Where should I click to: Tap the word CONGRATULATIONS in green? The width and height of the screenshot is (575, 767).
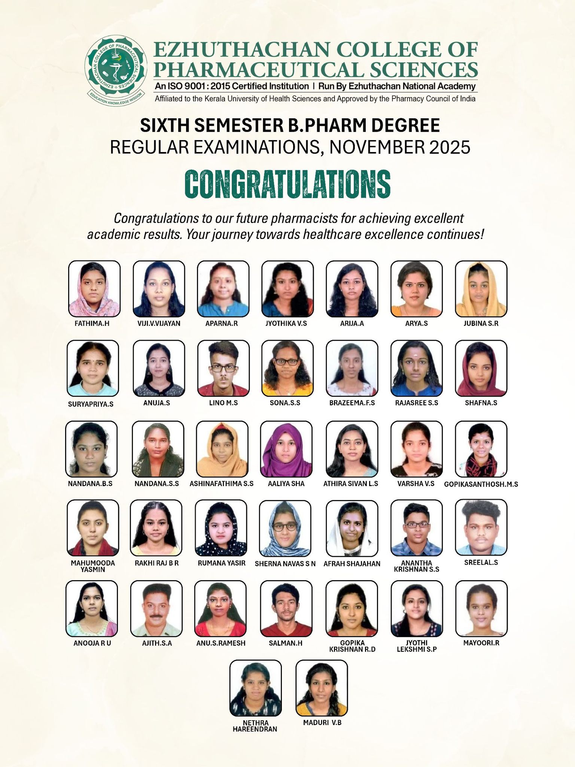(x=287, y=184)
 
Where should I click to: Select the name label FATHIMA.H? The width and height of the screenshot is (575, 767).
(x=92, y=324)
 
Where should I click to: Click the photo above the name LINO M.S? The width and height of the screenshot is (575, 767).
(x=223, y=368)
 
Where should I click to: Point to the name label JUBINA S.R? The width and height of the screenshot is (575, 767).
(x=481, y=324)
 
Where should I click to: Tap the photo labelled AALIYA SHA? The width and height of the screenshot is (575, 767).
(x=286, y=449)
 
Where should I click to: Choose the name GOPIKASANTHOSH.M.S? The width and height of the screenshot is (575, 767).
(x=481, y=484)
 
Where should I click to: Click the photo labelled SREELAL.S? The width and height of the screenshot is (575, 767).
(x=481, y=527)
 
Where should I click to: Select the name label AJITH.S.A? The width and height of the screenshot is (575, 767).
(x=157, y=643)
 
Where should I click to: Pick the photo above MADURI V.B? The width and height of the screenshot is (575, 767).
(x=322, y=688)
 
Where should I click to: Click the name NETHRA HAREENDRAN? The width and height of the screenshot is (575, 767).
(x=255, y=726)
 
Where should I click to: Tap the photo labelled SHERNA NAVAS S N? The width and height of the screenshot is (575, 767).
(x=285, y=528)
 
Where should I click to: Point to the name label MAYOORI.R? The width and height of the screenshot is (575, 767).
(x=481, y=643)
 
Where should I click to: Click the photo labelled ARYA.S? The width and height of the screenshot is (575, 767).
(x=416, y=288)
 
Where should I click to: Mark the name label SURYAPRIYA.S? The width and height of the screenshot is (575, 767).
(x=91, y=404)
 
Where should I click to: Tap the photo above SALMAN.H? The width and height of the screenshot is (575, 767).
(x=286, y=609)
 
